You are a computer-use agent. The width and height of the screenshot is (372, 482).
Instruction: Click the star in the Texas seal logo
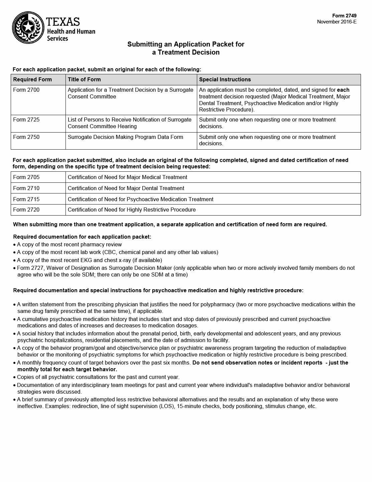tap(28, 26)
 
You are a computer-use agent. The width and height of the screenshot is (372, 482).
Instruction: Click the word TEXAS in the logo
tap(63, 22)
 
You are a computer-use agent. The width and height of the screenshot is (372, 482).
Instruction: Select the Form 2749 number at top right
tap(344, 16)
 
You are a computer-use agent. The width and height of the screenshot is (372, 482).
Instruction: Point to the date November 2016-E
tap(337, 22)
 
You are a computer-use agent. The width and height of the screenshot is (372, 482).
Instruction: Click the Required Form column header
tap(32, 80)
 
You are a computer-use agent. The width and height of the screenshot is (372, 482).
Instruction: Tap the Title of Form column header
tap(84, 80)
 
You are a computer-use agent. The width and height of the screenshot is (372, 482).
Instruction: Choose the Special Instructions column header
tap(225, 80)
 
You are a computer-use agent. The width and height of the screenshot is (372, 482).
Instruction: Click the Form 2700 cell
tap(26, 90)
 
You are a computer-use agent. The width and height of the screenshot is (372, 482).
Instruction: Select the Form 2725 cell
tap(26, 120)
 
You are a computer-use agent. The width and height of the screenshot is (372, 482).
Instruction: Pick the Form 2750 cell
tap(26, 137)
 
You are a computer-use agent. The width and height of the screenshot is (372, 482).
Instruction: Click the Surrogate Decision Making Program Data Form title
tap(125, 137)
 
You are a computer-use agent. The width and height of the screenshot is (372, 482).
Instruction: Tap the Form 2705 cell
tap(26, 177)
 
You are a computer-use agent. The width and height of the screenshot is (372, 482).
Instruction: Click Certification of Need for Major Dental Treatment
tap(126, 188)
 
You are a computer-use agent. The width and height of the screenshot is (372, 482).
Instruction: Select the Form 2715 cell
tap(26, 199)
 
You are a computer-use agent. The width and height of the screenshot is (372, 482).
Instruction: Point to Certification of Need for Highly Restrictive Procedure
tap(132, 210)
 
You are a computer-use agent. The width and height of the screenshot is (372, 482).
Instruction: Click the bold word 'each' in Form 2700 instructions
tap(343, 90)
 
